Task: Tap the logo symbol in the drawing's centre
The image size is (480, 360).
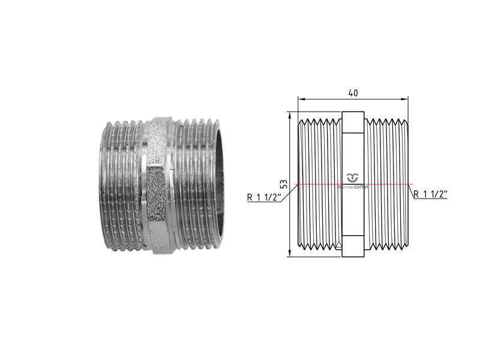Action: coord(353,177)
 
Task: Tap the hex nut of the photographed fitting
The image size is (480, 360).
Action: coord(159,185)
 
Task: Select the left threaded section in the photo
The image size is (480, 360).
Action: coord(120,185)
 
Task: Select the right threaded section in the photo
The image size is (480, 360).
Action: coord(195,185)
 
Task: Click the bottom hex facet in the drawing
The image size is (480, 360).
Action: coord(353,248)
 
